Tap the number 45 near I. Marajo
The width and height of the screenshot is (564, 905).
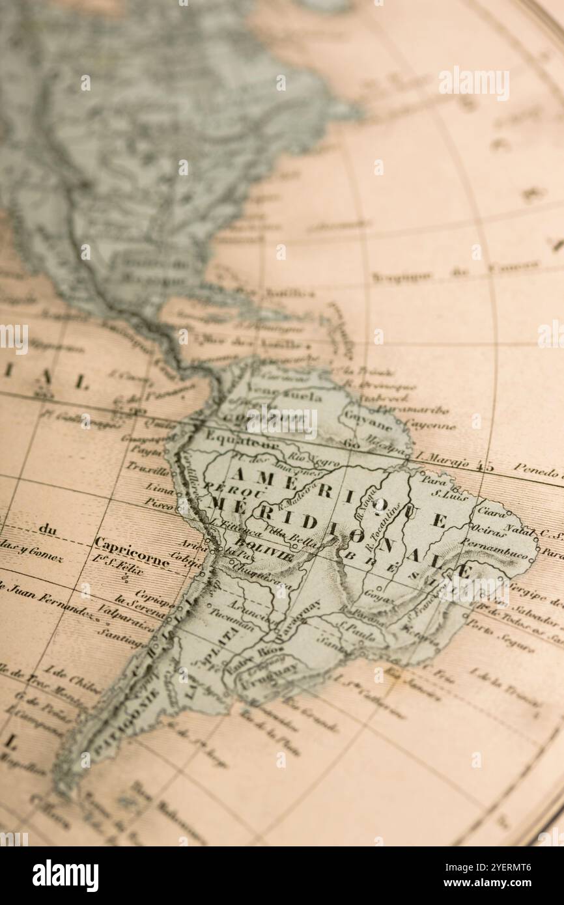tap(484, 466)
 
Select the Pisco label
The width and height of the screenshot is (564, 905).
tap(159, 503)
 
